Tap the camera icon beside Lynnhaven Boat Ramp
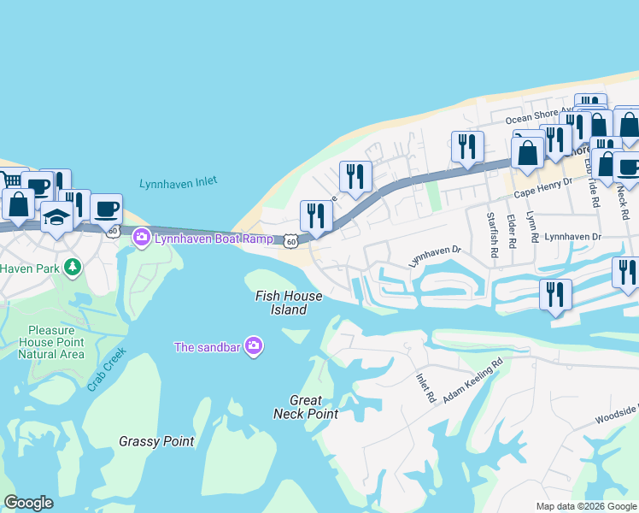pos(142,238)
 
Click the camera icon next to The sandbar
pos(253,346)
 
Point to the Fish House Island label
pos(290,303)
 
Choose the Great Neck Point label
pos(306,407)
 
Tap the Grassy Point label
pos(156,442)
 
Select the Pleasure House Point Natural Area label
pos(56,342)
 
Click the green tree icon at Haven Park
pos(73,268)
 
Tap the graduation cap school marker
pos(56,217)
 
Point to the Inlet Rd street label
pos(425,388)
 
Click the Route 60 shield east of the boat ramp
pos(291,242)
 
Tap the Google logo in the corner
pos(29,503)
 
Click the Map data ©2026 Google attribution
pos(585,506)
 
